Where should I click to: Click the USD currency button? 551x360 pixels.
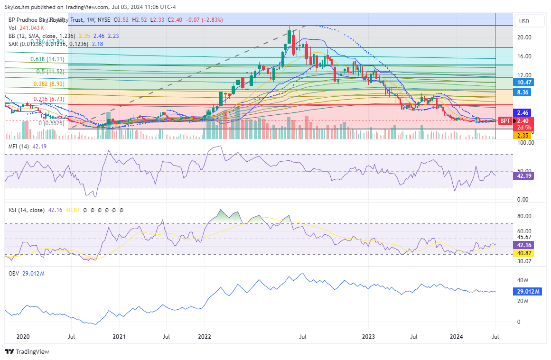pyautogui.click(x=524, y=21)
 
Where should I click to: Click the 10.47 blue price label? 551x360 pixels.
pyautogui.click(x=523, y=83)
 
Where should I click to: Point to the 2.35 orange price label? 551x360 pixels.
pyautogui.click(x=522, y=135)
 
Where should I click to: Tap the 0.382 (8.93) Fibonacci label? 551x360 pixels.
pyautogui.click(x=49, y=84)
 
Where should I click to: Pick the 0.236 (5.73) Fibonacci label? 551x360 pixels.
pyautogui.click(x=49, y=99)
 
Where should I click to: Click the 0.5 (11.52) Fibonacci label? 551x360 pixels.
pyautogui.click(x=50, y=72)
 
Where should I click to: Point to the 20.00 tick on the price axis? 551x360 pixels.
pyautogui.click(x=524, y=37)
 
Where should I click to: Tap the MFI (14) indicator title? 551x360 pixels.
pyautogui.click(x=19, y=147)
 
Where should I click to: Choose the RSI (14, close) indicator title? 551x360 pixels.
pyautogui.click(x=27, y=210)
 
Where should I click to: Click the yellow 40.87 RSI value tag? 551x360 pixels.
pyautogui.click(x=523, y=254)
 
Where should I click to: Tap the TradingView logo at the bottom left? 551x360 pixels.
pyautogui.click(x=27, y=351)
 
